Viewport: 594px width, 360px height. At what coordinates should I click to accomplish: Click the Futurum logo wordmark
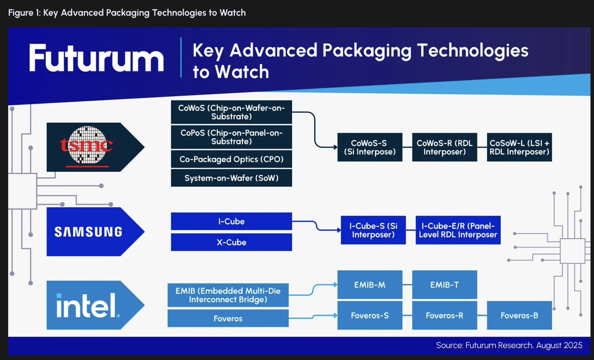click(x=96, y=58)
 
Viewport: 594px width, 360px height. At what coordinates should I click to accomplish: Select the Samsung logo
click(x=88, y=231)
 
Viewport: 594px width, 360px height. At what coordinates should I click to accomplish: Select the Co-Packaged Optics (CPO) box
click(x=231, y=160)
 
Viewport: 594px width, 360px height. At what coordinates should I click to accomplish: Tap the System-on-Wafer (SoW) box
click(x=231, y=178)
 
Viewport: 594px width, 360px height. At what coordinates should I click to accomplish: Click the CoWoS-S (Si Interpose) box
click(x=370, y=147)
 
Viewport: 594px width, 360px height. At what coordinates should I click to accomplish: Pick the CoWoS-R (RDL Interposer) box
click(x=445, y=147)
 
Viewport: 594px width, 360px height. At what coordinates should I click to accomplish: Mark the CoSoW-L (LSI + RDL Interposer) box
click(x=519, y=147)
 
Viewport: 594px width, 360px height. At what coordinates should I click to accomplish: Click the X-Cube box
click(x=231, y=242)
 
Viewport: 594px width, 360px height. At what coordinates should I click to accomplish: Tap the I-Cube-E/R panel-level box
click(x=458, y=230)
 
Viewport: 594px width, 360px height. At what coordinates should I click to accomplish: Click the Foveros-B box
click(x=519, y=315)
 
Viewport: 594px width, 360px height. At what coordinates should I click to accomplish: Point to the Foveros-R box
click(x=445, y=315)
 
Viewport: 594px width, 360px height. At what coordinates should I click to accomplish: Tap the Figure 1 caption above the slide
click(x=127, y=13)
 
